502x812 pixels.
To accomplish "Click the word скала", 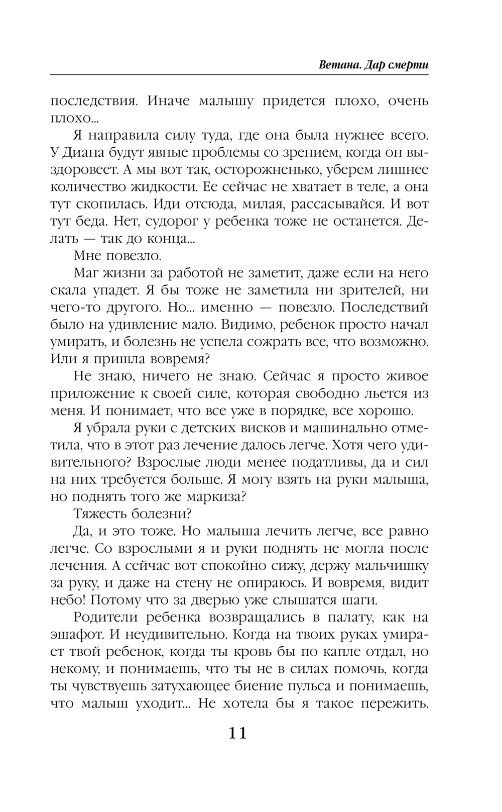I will [68, 290].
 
